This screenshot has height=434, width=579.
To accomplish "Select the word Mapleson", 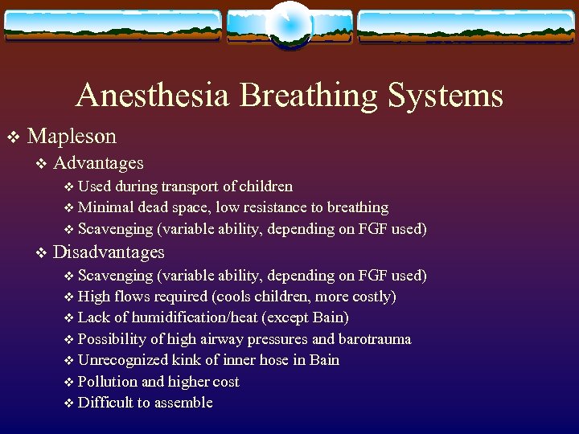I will pos(76,136).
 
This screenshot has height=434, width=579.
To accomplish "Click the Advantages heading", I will pos(98,163).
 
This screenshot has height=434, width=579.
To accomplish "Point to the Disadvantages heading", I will pos(109,252).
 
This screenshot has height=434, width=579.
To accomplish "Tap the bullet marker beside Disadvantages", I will pos(42,253).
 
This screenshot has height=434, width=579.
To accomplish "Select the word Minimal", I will pos(107,207).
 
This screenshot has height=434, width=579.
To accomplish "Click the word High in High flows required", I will pos(94,297).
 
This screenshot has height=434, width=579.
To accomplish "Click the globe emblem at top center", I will pos(289,24).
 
